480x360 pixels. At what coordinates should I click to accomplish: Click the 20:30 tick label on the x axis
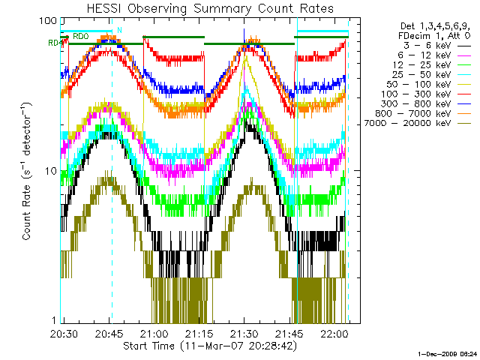(64, 333)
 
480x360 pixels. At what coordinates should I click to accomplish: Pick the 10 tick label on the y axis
(50, 170)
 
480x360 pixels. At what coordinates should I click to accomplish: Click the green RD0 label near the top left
(81, 35)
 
